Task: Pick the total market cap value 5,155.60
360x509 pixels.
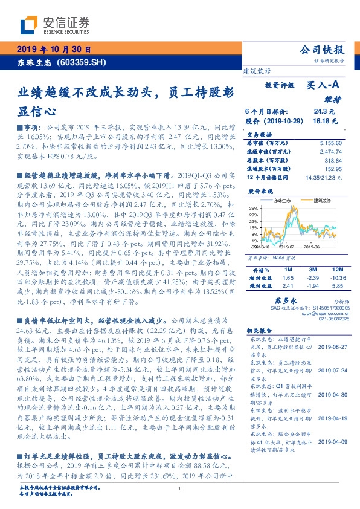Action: point(329,143)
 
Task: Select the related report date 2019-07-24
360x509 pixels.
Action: point(332,371)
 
